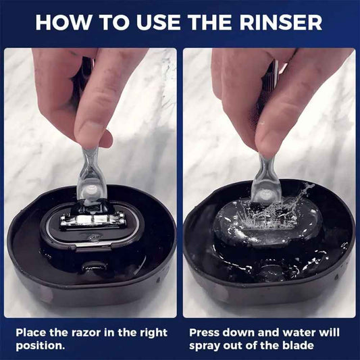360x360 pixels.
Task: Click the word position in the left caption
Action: [x=40, y=346]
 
